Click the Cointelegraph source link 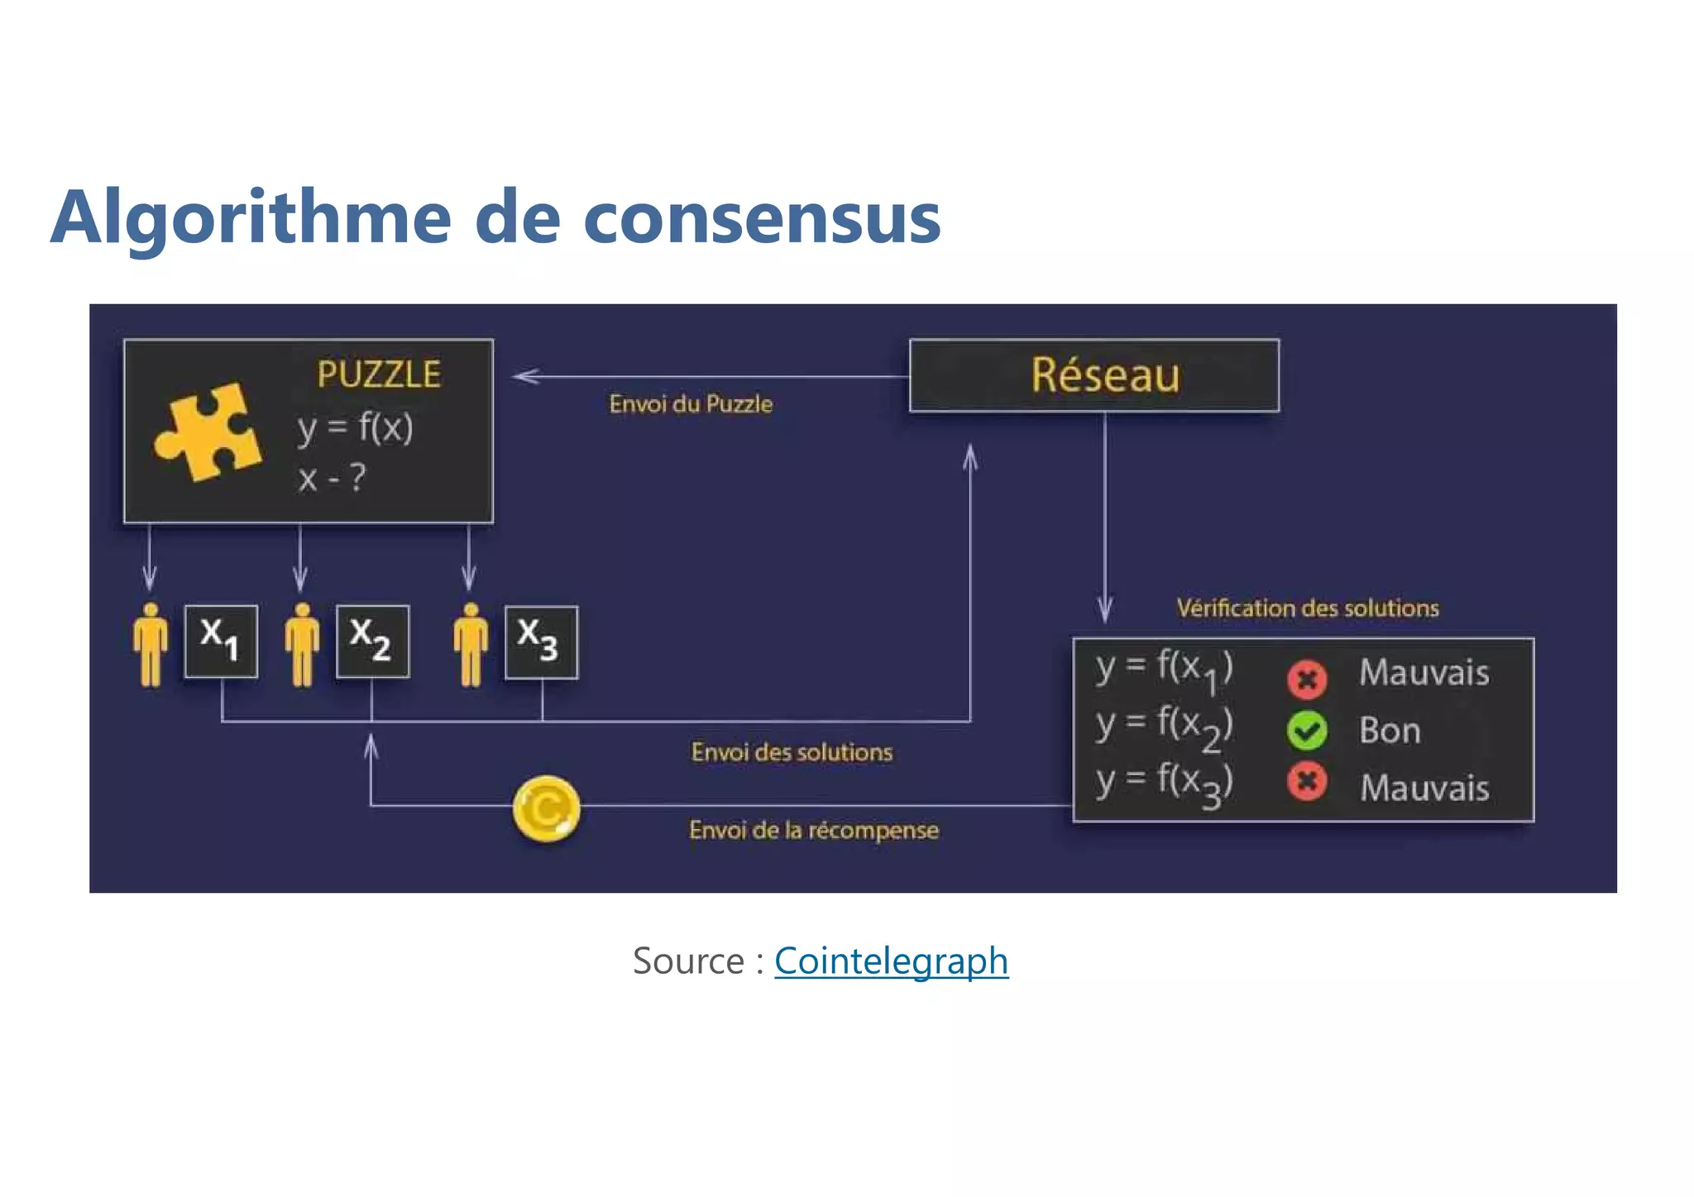pyautogui.click(x=891, y=961)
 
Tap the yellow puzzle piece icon pyautogui.click(x=208, y=431)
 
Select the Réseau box pyautogui.click(x=1093, y=375)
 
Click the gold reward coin pyautogui.click(x=546, y=808)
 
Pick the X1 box pyautogui.click(x=221, y=641)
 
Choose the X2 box pyautogui.click(x=372, y=641)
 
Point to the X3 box pyautogui.click(x=541, y=641)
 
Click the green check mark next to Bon pyautogui.click(x=1307, y=730)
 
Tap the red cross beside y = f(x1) pyautogui.click(x=1307, y=679)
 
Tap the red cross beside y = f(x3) pyautogui.click(x=1307, y=782)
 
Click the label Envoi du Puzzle pyautogui.click(x=691, y=404)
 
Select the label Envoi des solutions pyautogui.click(x=792, y=752)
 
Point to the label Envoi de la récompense pyautogui.click(x=813, y=830)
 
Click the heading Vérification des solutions pyautogui.click(x=1308, y=608)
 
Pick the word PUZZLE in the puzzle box pyautogui.click(x=379, y=374)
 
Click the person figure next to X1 pyautogui.click(x=151, y=645)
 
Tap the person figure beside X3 pyautogui.click(x=471, y=645)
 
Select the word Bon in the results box pyautogui.click(x=1390, y=731)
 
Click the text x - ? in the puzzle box pyautogui.click(x=332, y=478)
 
